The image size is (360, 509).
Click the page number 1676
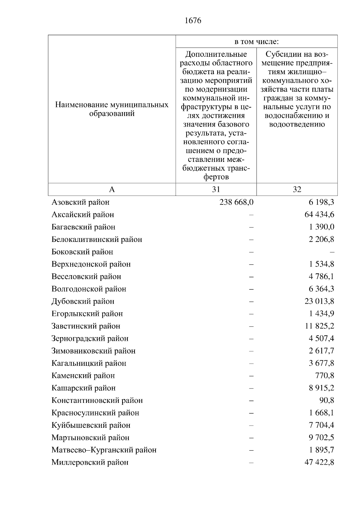pyautogui.click(x=193, y=21)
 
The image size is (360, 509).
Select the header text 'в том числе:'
pyautogui.click(x=256, y=42)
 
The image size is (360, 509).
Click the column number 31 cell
pyautogui.click(x=216, y=189)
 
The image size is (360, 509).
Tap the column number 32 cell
pyautogui.click(x=297, y=189)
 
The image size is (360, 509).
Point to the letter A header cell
pyautogui.click(x=112, y=189)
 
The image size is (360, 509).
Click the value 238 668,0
pyautogui.click(x=236, y=202)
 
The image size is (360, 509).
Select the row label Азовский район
pyautogui.click(x=80, y=202)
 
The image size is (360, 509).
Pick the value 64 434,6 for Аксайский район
pyautogui.click(x=319, y=215)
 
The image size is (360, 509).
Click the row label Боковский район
pyautogui.click(x=82, y=252)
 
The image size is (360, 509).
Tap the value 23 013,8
pyautogui.click(x=319, y=301)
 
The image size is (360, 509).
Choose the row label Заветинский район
pyautogui.click(x=86, y=326)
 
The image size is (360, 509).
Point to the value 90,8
pyautogui.click(x=327, y=400)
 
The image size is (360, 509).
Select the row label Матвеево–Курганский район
pyautogui.click(x=104, y=450)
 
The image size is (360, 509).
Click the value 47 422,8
pyautogui.click(x=319, y=463)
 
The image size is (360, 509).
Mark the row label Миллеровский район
pyautogui.click(x=90, y=463)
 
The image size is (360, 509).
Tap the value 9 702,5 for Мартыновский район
pyautogui.click(x=321, y=438)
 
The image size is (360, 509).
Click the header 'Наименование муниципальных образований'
pyautogui.click(x=112, y=109)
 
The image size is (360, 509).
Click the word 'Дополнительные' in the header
pyautogui.click(x=216, y=55)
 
